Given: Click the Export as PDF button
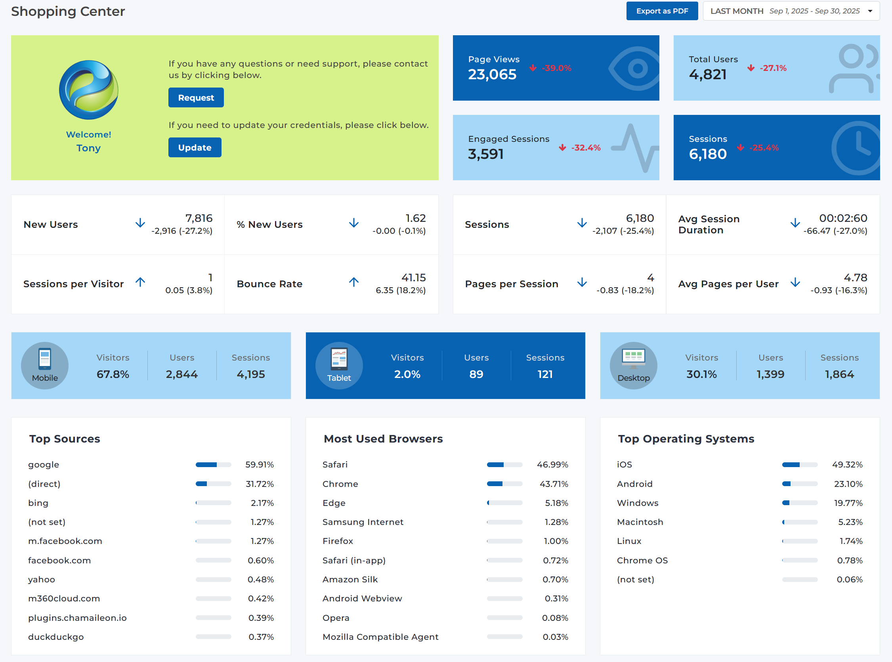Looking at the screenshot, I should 662,11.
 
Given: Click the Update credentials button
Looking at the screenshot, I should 195,147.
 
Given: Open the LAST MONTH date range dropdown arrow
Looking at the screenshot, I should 870,11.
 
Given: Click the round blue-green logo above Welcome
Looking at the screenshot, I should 88,90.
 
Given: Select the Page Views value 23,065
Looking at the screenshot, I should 492,74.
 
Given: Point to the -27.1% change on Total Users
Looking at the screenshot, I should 773,68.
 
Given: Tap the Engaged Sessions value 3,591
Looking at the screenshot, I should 486,154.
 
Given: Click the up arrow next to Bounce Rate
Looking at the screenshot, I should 353,282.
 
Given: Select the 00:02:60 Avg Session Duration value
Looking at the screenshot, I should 843,218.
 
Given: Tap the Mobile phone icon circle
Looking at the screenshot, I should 45,365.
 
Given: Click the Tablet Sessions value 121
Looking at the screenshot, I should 545,374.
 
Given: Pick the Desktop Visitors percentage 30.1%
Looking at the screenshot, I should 701,374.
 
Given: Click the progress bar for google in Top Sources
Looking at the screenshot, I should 213,465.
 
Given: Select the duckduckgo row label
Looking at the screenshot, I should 56,637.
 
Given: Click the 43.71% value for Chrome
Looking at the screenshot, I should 554,484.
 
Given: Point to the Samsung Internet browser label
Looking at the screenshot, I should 363,522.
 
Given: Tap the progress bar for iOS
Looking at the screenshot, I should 799,465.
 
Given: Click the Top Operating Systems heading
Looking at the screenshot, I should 686,439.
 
